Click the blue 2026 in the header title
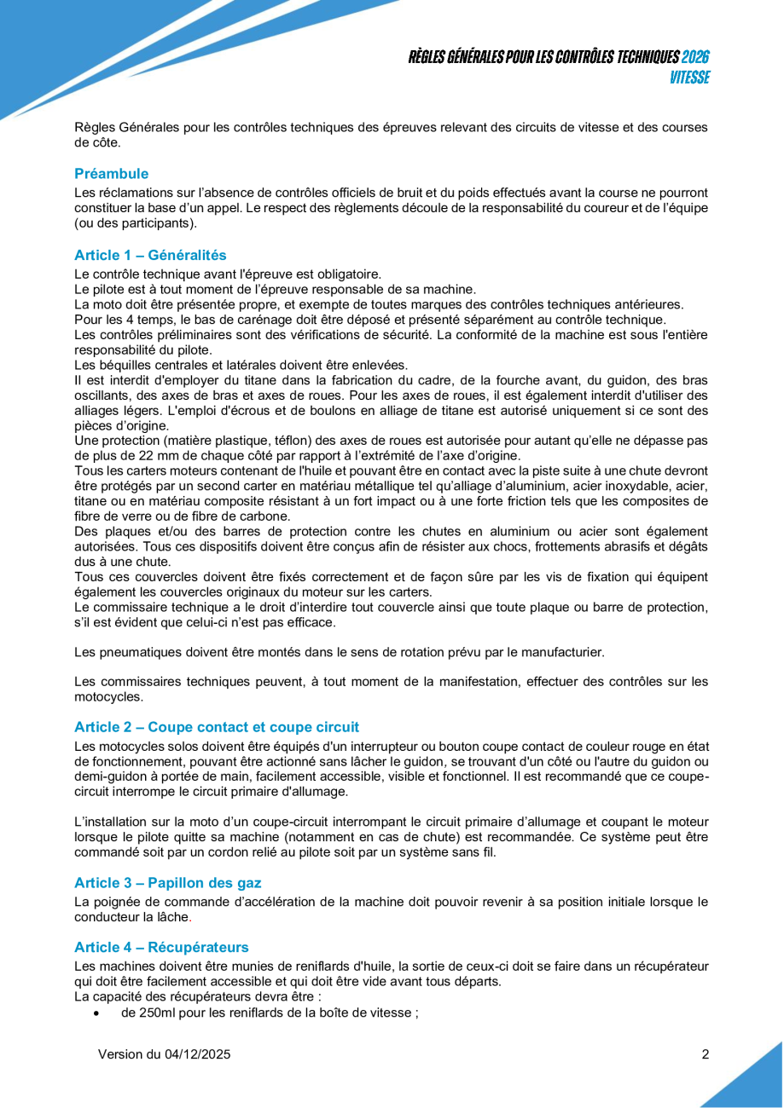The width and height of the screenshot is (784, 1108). [696, 57]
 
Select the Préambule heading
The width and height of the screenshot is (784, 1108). [111, 174]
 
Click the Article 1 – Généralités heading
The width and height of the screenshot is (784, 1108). [150, 255]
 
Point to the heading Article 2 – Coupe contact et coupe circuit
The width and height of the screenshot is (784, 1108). [217, 727]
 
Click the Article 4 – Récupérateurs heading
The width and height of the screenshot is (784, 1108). [161, 947]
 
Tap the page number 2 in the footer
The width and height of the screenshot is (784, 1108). [706, 1054]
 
